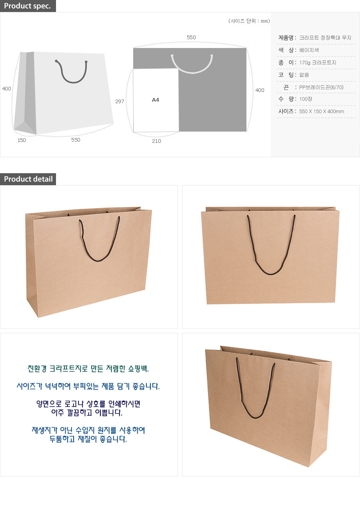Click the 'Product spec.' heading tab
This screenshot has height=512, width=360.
coord(28,6)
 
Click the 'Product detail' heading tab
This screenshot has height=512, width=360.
coord(28,179)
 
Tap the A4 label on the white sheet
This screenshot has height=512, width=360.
coord(156,100)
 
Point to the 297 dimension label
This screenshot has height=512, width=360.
coord(120,102)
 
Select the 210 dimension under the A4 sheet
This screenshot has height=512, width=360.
coord(156,141)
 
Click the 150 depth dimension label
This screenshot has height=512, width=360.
coord(22,140)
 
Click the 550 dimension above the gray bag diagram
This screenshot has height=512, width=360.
coord(191,38)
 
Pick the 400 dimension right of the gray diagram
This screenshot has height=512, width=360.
coord(260,90)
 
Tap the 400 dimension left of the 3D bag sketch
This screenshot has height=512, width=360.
coord(7,89)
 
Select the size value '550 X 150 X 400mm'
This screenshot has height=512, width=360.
coord(322,112)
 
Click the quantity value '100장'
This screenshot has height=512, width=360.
coord(306,99)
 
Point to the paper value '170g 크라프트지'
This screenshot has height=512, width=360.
coord(318,63)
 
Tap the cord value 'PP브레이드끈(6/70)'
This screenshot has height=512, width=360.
coord(321,87)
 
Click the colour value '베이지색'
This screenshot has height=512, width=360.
coord(309,50)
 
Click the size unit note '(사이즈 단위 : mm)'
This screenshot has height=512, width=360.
coord(249,21)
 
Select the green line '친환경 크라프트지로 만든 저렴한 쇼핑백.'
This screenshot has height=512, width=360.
coord(88,368)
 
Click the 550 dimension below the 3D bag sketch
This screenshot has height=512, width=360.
coord(76,140)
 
